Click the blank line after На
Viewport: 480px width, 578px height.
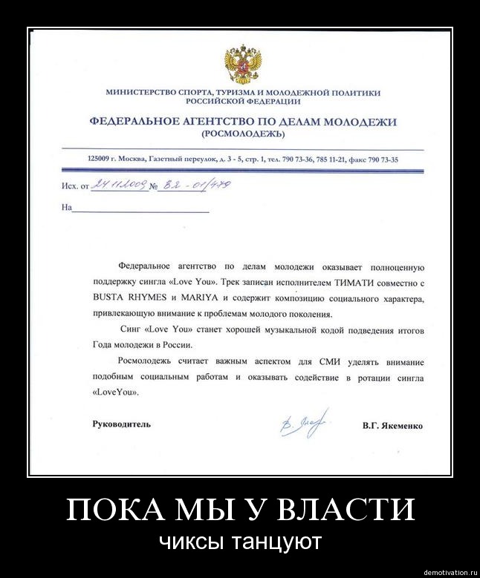pyautogui.click(x=140, y=209)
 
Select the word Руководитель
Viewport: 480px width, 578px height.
pyautogui.click(x=120, y=425)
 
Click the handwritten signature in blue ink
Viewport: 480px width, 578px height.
pyautogui.click(x=303, y=424)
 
